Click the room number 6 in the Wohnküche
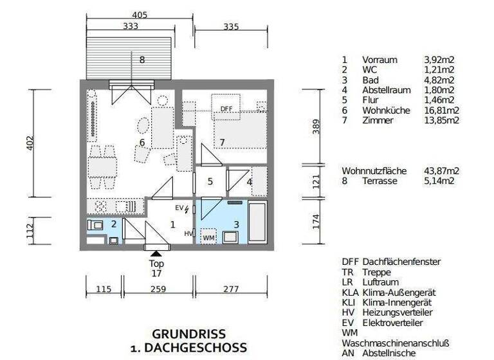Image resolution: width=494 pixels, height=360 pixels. tap(142, 142)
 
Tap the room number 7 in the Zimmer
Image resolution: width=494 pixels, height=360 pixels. tap(222, 141)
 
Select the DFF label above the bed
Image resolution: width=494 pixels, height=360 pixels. tap(226, 109)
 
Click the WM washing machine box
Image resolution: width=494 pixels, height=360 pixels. tap(208, 238)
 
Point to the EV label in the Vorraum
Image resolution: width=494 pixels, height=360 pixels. tap(179, 208)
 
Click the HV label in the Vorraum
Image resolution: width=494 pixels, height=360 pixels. tap(188, 233)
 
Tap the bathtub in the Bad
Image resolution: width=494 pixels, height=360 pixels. tap(257, 222)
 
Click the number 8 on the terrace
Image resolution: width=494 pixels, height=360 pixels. tap(142, 60)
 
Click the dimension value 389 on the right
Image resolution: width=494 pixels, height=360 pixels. tap(315, 127)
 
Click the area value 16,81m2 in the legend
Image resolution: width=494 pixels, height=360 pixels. tap(441, 111)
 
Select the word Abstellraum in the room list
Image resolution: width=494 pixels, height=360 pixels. tap(386, 90)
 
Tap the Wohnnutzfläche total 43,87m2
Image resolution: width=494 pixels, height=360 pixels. tap(441, 171)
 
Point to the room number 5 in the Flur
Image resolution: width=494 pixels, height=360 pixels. tap(210, 181)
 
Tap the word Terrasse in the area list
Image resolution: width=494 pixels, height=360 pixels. tap(380, 181)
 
